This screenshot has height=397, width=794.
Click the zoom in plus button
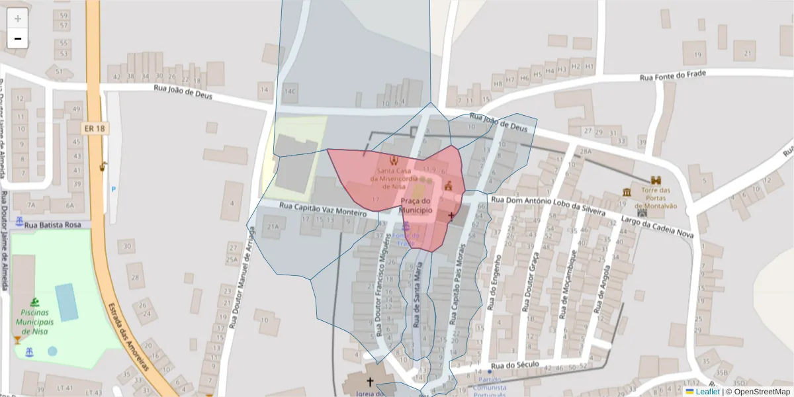coord(18,19)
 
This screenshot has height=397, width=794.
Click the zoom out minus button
coord(18,38)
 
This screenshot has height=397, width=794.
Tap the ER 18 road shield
coord(95,128)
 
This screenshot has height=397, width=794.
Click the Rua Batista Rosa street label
coord(52,226)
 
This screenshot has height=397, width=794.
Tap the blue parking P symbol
coord(113,189)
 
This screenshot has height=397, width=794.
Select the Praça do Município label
coord(416,206)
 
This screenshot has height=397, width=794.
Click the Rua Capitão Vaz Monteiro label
coord(323,210)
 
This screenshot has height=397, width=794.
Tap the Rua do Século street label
coord(516,365)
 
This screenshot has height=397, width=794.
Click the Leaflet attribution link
coord(707,392)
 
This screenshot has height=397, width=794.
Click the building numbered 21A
coord(272,226)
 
